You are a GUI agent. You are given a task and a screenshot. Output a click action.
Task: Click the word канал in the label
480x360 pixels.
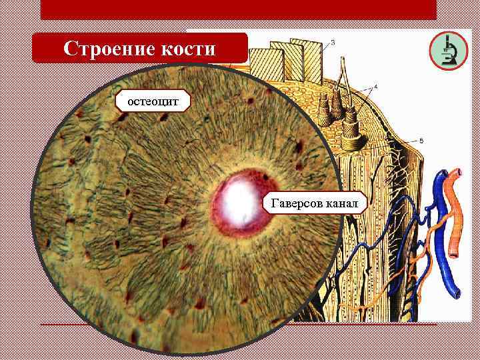coord(342,202)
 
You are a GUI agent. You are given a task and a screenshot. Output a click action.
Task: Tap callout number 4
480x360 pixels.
coord(375,87)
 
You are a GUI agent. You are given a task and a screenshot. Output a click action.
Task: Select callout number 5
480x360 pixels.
coord(421,141)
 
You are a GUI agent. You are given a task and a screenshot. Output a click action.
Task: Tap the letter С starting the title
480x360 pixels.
coord(70,49)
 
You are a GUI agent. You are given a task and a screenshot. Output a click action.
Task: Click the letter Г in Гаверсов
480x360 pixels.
coord(273,202)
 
